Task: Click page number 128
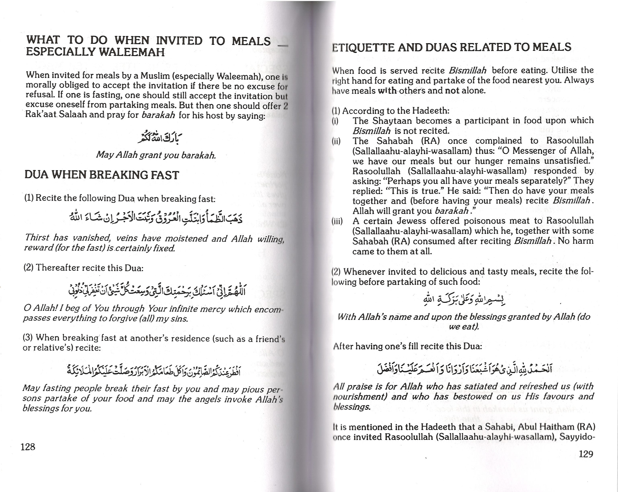(28, 447)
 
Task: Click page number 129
(586, 454)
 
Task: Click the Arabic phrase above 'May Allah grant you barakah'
(160, 138)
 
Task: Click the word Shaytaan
(393, 121)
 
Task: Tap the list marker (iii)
(337, 221)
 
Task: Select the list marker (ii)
(336, 141)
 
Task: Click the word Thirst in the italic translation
(37, 237)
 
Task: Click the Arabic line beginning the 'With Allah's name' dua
(464, 300)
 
